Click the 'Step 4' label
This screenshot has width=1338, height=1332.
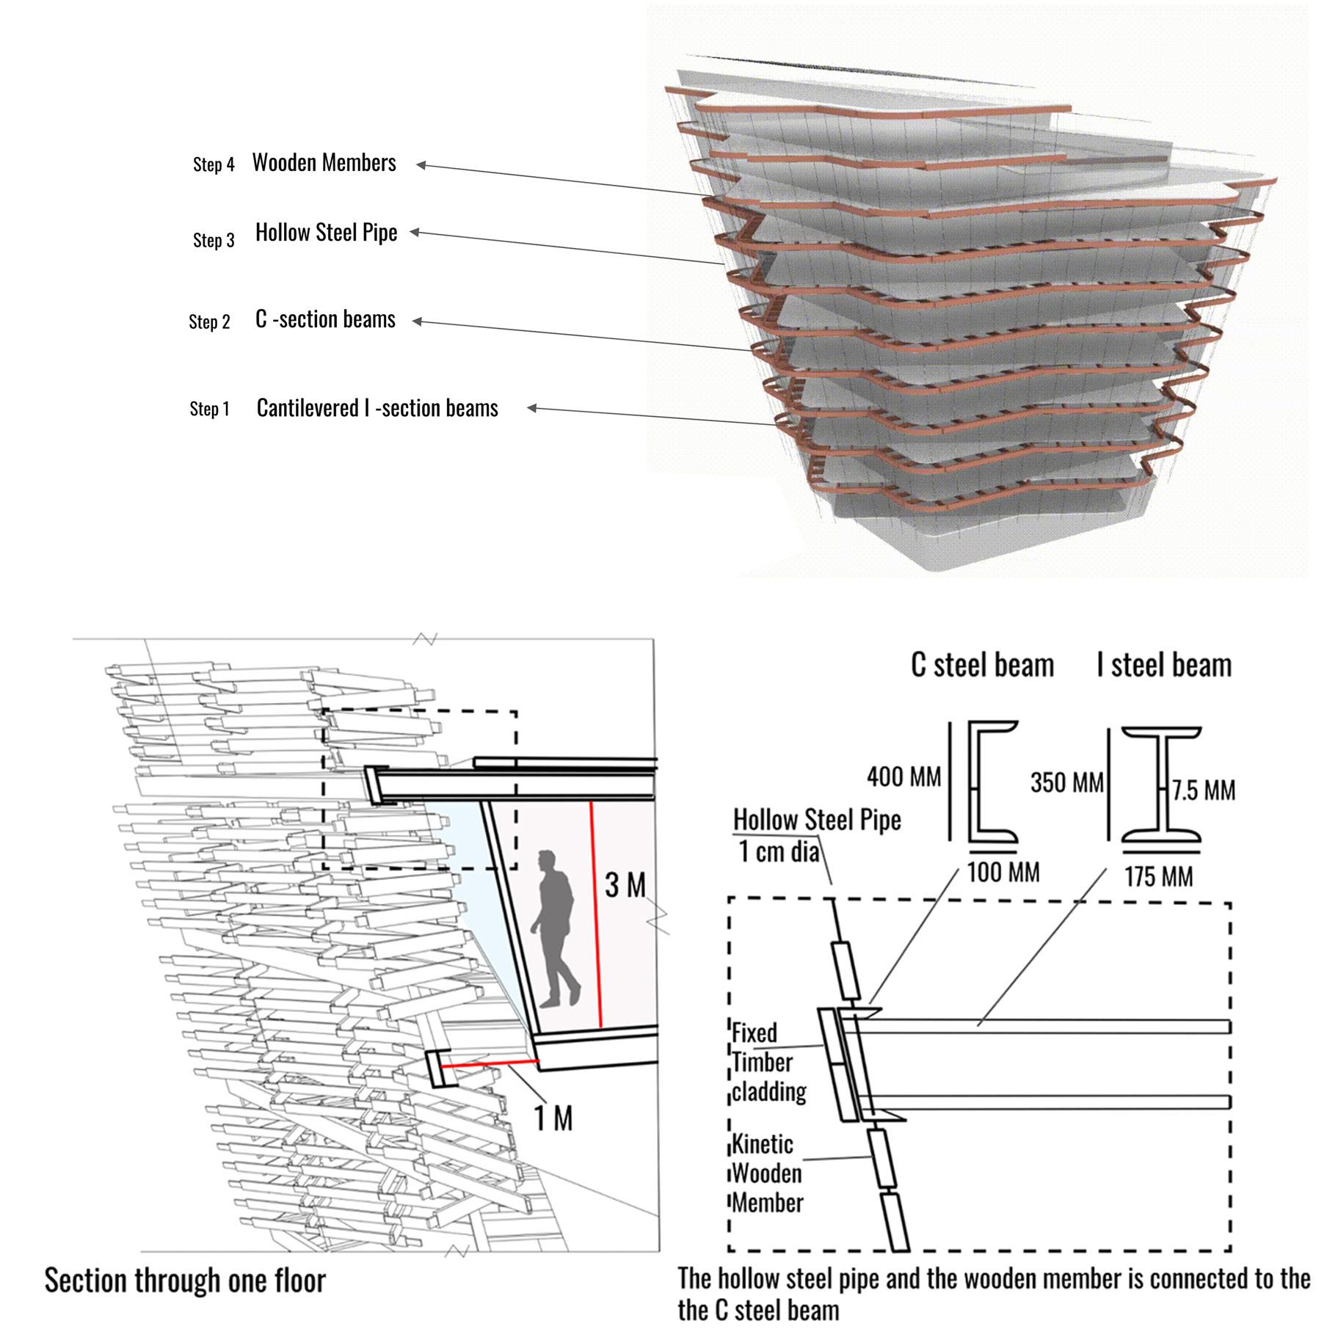click(214, 164)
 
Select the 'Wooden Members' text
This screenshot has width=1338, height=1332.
click(324, 163)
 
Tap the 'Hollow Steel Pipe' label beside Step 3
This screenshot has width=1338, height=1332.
click(326, 233)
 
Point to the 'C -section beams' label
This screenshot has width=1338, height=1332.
click(325, 319)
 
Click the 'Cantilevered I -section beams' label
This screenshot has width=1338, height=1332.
click(377, 408)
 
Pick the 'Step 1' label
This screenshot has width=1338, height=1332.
click(209, 409)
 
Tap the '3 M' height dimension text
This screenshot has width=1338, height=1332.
click(625, 885)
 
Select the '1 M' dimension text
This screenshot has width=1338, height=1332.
click(553, 1118)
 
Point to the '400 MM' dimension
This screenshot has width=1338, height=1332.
click(903, 776)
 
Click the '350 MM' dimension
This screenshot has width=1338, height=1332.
click(1066, 782)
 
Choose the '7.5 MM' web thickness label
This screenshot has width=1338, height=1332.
click(1204, 790)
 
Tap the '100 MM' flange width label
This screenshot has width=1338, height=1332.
click(1003, 873)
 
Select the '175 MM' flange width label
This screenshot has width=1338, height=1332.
click(1159, 876)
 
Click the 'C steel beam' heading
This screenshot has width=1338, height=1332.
click(982, 665)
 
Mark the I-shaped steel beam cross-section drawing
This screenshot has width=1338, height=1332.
click(1161, 784)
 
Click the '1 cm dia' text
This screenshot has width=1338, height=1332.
click(778, 851)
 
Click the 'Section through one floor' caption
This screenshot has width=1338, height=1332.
click(185, 1281)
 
